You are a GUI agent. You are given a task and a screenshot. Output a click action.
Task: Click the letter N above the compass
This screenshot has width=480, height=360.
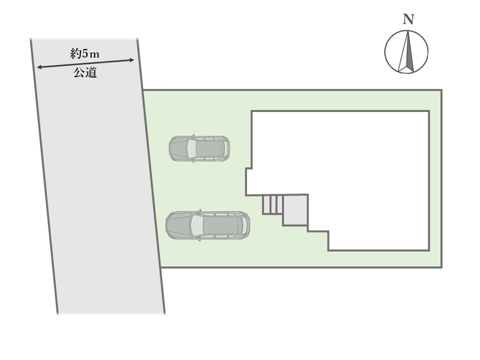pyautogui.click(x=409, y=20)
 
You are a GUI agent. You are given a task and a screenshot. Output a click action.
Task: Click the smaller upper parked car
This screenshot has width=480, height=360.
pyautogui.click(x=199, y=148)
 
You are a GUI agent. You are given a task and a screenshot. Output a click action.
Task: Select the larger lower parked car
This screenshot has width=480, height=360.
pyautogui.click(x=207, y=225)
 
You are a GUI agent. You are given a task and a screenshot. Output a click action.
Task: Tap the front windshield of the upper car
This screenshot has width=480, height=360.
pyautogui.click(x=189, y=148)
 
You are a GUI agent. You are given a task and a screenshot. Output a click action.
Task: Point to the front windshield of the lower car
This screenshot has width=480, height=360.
pyautogui.click(x=193, y=225)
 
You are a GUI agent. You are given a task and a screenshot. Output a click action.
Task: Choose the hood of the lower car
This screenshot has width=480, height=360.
pyautogui.click(x=177, y=225)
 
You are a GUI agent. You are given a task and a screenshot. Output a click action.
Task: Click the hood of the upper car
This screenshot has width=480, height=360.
pyautogui.click(x=177, y=148)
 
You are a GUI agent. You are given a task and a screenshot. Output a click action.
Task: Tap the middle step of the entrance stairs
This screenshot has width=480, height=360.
pyautogui.click(x=273, y=204)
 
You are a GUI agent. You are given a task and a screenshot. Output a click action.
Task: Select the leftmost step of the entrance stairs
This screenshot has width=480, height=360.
pyautogui.click(x=266, y=204)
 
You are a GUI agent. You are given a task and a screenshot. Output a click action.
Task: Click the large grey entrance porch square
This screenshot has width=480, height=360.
pyautogui.click(x=295, y=210)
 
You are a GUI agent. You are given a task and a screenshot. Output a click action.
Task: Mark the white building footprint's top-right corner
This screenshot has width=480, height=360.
pyautogui.click(x=429, y=111)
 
